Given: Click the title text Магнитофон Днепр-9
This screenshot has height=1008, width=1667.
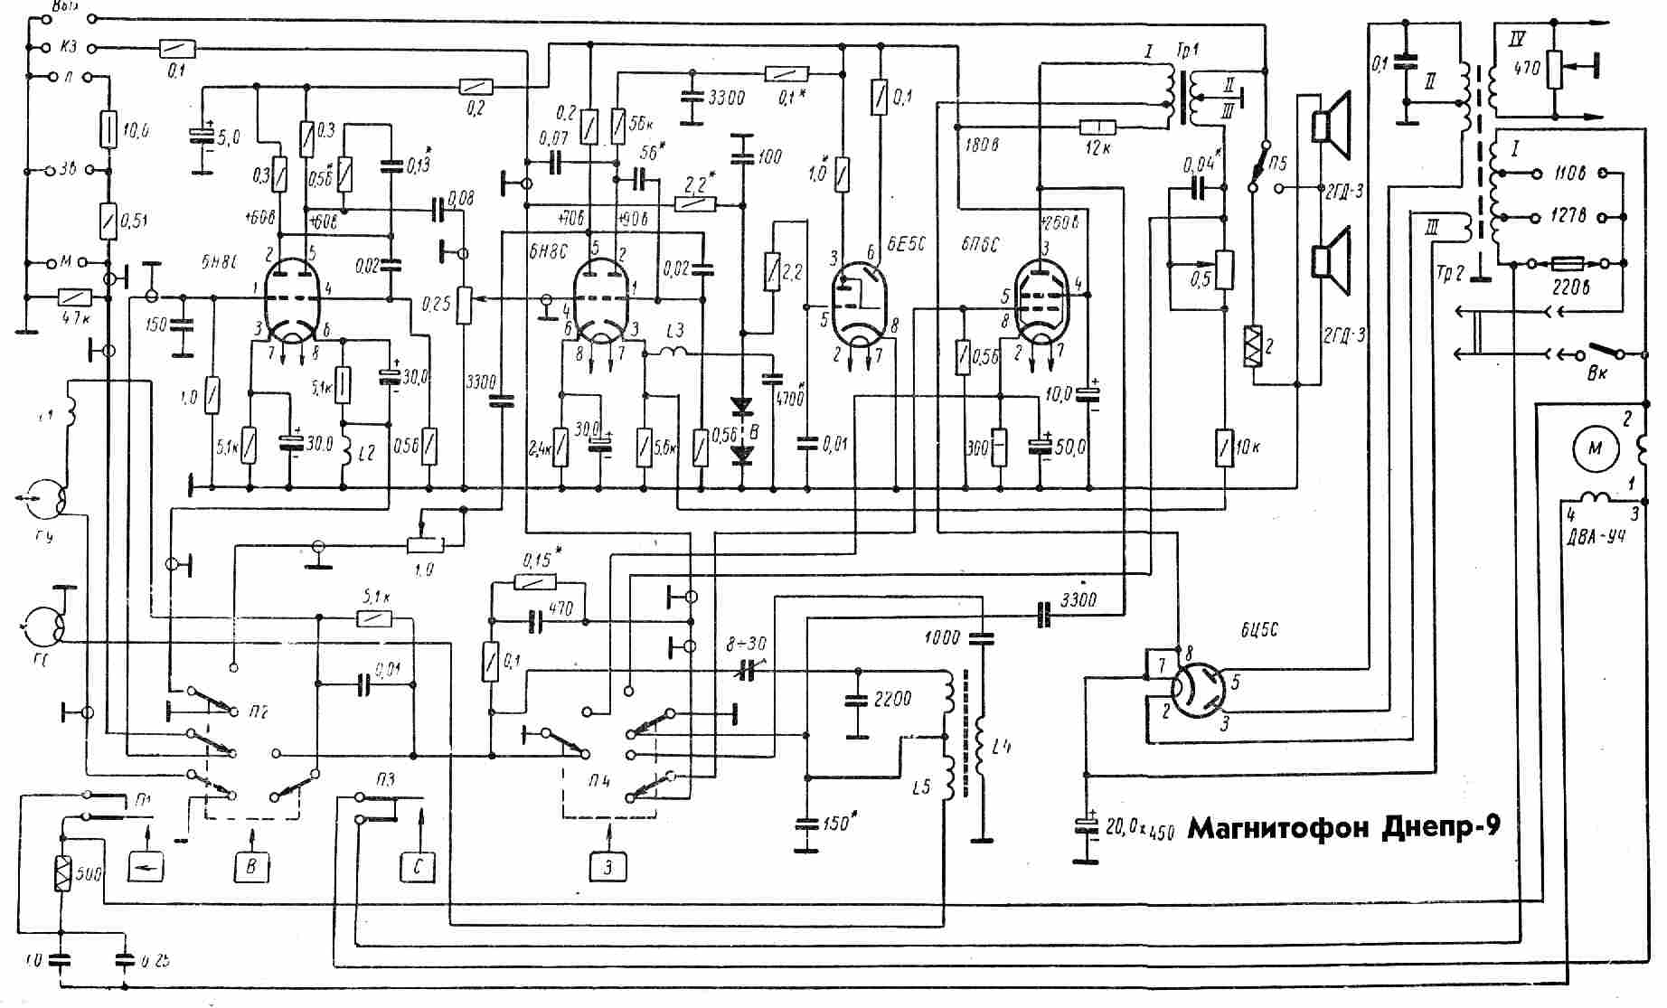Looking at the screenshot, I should (x=1343, y=828).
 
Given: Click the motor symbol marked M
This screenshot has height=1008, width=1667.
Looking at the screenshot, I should (x=1596, y=448).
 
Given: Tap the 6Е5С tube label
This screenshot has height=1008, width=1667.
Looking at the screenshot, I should (x=903, y=245).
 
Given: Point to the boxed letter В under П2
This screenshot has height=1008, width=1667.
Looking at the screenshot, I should (x=251, y=865).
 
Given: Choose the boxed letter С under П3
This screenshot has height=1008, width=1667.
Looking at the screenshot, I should (x=418, y=866).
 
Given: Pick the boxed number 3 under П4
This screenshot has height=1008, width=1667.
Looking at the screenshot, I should (x=608, y=867).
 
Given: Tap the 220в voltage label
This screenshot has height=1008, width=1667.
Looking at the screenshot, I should (x=1571, y=287).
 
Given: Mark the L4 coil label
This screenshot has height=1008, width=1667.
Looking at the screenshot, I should (x=1001, y=747).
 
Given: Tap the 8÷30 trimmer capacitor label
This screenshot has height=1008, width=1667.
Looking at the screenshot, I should (x=746, y=644).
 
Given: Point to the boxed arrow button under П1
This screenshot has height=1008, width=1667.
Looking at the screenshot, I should (x=146, y=867).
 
